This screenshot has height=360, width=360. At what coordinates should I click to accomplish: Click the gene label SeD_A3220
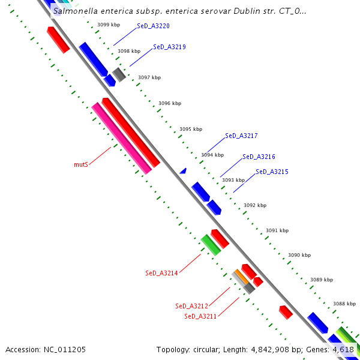153,26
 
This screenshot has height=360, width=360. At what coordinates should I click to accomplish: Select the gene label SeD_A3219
169,47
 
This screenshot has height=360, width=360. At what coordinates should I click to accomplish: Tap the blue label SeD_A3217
241,136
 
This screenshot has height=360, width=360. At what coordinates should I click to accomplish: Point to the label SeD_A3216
259,157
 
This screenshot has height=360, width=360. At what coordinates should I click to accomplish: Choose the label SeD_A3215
272,172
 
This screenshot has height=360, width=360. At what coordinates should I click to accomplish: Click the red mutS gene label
81,164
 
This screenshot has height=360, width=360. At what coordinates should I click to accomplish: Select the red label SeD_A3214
161,273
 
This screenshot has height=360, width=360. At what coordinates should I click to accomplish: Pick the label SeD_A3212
191,306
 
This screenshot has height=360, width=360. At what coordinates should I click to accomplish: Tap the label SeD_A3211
200,316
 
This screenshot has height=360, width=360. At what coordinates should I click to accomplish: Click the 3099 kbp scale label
108,25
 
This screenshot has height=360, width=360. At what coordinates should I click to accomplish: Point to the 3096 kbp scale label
170,103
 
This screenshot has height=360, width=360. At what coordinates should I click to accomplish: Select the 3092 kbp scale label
254,205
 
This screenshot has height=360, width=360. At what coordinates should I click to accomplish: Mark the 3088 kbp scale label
344,304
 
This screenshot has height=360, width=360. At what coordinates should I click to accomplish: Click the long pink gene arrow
122,139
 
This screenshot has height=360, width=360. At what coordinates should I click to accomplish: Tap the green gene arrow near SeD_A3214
211,245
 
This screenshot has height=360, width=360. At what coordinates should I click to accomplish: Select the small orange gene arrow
241,277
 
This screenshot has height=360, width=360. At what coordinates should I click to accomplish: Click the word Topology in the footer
173,349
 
